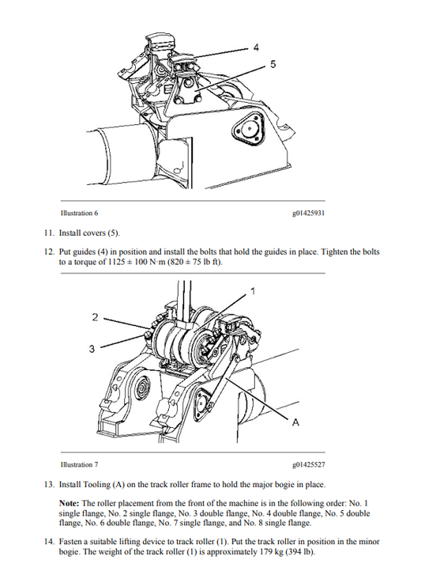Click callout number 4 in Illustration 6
(256, 48)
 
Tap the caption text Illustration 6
(80, 214)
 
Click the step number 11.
(49, 233)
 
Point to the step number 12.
(49, 252)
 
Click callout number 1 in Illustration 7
(253, 292)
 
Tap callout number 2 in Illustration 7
(95, 317)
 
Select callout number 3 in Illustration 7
(92, 347)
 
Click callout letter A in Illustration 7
(295, 423)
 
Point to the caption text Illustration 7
(80, 465)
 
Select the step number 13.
(49, 484)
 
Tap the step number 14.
(49, 540)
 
